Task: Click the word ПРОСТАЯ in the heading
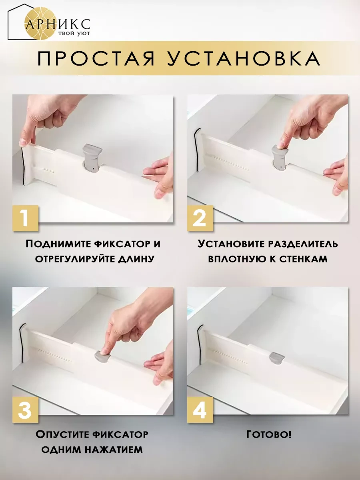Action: pyautogui.click(x=96, y=59)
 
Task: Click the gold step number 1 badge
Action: pyautogui.click(x=26, y=218)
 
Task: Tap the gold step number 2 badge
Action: pyautogui.click(x=200, y=218)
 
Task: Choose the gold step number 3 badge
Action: pyautogui.click(x=26, y=410)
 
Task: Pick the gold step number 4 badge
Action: pyautogui.click(x=200, y=410)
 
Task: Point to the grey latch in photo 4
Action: pyautogui.click(x=277, y=358)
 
